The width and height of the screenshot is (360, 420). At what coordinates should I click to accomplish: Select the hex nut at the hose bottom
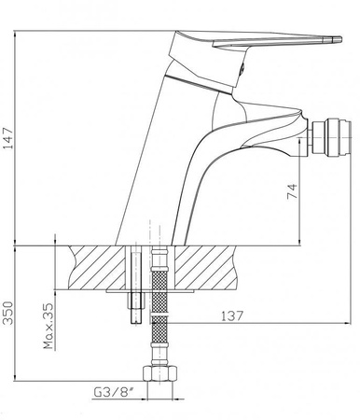[161, 375]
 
